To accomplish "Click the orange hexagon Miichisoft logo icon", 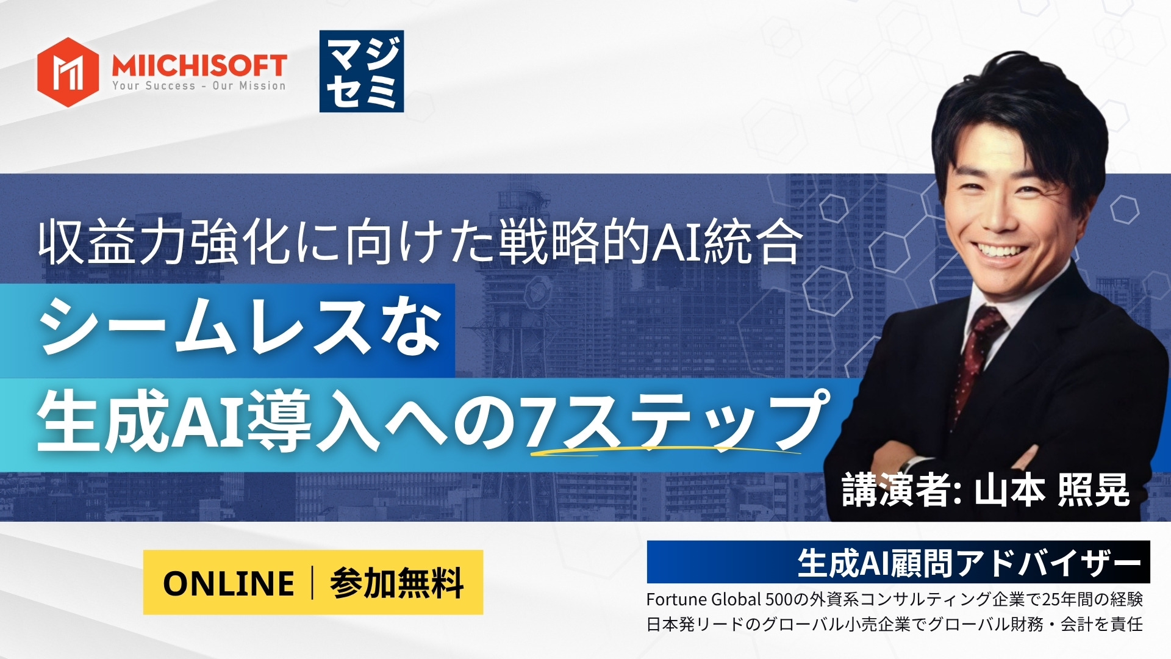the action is [x=68, y=72].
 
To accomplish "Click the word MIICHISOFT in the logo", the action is [x=199, y=65].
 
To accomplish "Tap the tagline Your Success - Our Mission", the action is [x=199, y=86].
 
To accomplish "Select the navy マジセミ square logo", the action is [x=362, y=71].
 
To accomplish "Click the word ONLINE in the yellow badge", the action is [x=229, y=583].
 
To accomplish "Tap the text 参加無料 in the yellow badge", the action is [x=397, y=583].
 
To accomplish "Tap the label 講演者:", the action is [x=902, y=490].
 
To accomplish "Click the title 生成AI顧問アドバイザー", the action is [x=969, y=563].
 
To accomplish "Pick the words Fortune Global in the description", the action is [x=703, y=600].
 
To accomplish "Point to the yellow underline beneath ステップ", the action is [x=665, y=450].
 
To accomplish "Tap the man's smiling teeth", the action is [x=1000, y=250].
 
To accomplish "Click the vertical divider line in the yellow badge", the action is [x=313, y=583].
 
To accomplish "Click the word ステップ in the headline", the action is [x=692, y=421].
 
